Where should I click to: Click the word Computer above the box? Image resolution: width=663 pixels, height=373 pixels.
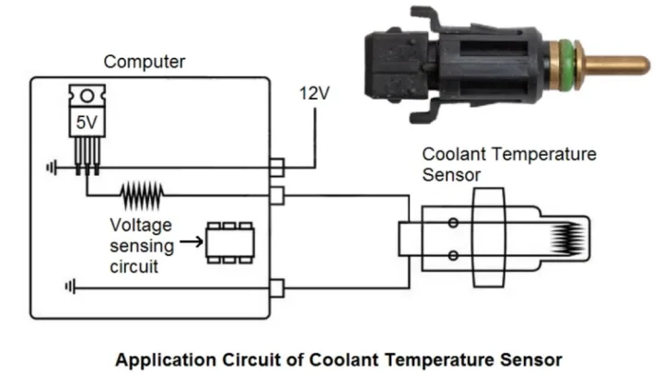tap(145, 63)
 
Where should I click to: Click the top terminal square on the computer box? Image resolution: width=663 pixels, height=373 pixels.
tap(275, 168)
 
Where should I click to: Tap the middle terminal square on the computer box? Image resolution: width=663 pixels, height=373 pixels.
tap(275, 194)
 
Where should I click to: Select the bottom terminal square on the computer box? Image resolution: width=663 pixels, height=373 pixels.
tap(275, 289)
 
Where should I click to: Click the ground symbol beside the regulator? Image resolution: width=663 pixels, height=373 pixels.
tap(51, 168)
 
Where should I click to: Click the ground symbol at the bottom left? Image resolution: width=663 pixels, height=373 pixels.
tap(69, 287)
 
